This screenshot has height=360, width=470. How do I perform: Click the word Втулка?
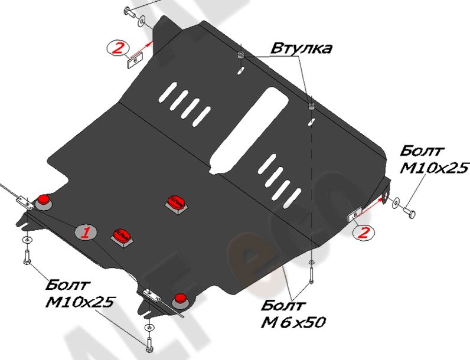tap(301, 48)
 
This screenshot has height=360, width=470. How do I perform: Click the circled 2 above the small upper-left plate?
tap(117, 47)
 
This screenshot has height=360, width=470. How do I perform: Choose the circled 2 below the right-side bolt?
tap(364, 233)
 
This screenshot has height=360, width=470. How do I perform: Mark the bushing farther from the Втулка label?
tap(311, 107)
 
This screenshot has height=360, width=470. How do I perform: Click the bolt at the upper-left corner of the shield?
tap(129, 11)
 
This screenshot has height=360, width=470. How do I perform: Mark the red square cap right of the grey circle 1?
tap(121, 234)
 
